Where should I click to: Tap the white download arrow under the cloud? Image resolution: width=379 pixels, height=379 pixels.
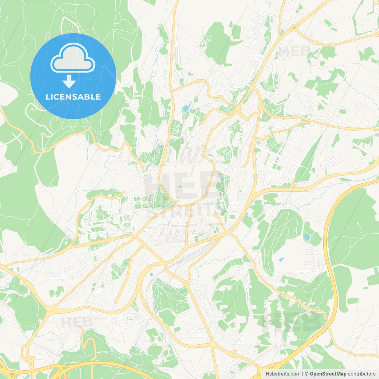pos(69,81)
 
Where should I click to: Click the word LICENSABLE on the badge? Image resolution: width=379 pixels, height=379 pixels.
pos(73,97)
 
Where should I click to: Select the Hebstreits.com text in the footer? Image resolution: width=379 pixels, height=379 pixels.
pos(283,374)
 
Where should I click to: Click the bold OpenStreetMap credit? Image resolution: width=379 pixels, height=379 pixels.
pos(328,374)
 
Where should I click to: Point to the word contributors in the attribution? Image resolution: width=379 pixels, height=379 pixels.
pos(362,374)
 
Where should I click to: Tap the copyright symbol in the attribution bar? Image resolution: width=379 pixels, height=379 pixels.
pos(307,374)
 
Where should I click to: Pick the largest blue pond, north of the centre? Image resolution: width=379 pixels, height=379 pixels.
pos(186,107)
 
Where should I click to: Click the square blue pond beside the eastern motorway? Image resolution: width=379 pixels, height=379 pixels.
pos(307,237)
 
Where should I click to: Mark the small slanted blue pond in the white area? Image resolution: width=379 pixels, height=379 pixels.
pos(281,260)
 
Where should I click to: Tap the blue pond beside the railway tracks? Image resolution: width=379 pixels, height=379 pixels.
pos(152,274)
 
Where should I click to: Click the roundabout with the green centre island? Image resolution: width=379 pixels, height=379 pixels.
pos(294,28)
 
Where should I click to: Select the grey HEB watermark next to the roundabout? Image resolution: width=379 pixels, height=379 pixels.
pos(293,51)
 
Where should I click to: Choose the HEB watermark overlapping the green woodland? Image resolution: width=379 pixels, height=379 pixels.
pos(292,321)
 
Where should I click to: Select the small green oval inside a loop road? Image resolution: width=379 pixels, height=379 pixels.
pos(343,112)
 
